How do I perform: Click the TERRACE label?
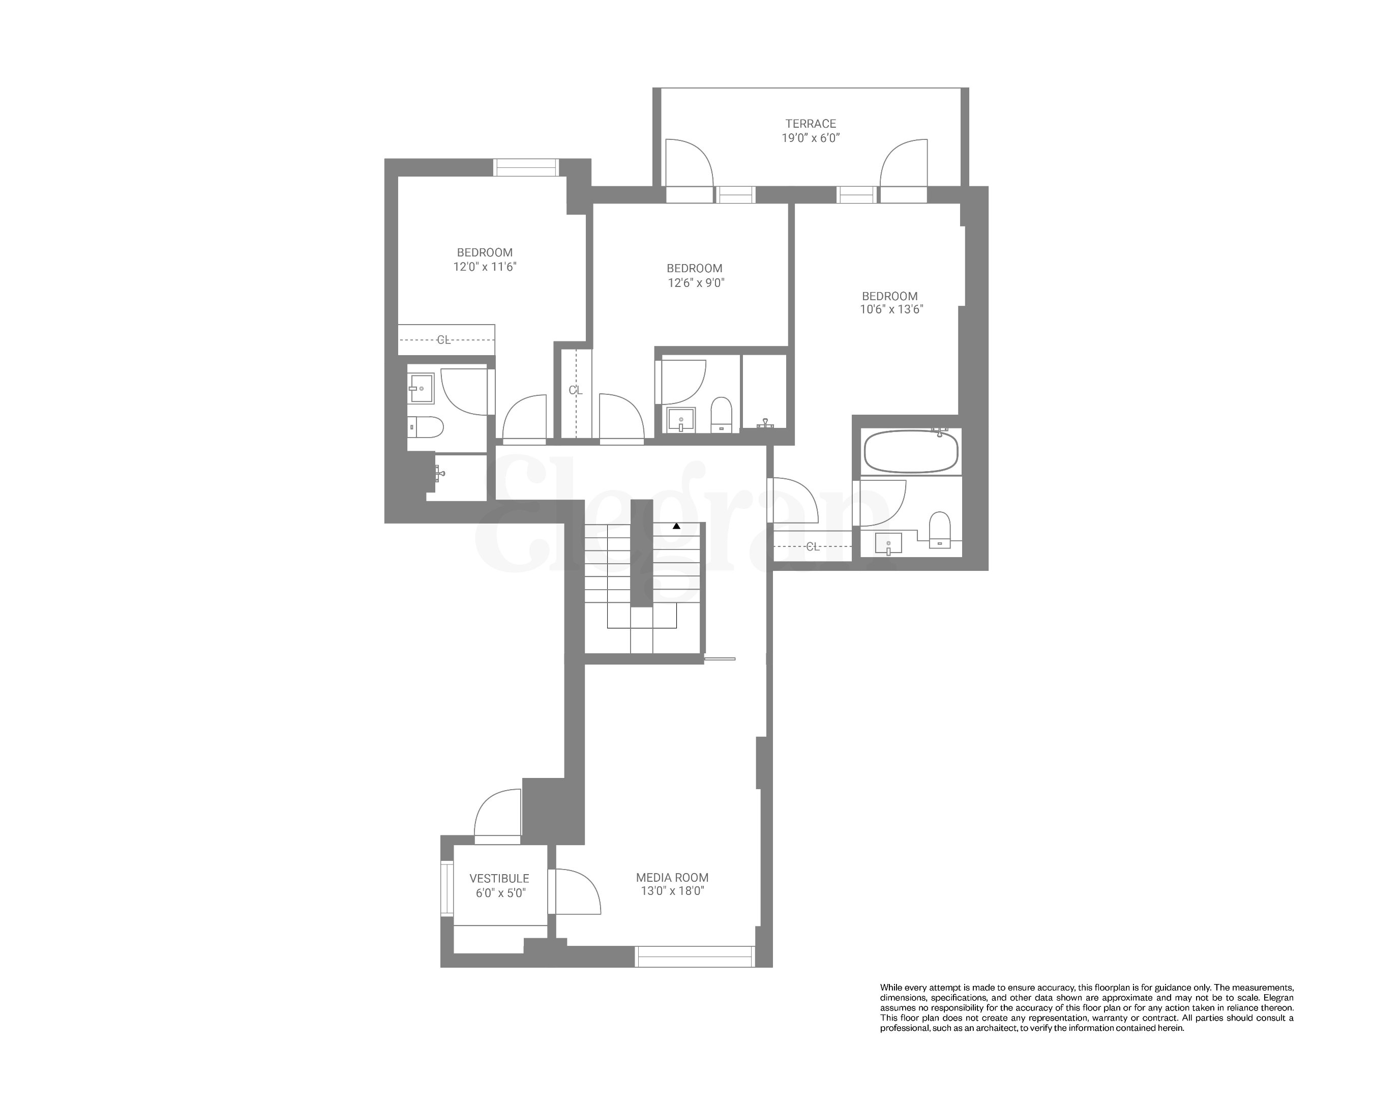point(810,124)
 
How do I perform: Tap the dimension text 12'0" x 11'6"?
point(485,267)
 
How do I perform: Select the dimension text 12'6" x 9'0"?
point(696,283)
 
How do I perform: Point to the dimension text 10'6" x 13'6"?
point(891,310)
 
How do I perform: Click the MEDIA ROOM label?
point(672,877)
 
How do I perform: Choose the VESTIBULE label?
point(499,879)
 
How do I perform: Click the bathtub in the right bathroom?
point(911,452)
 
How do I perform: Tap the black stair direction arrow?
point(676,526)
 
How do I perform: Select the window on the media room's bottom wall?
point(695,957)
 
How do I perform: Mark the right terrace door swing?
point(904,163)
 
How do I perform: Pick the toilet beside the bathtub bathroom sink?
point(940,530)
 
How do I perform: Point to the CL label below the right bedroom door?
point(813,546)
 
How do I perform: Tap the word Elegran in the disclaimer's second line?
point(1278,998)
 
